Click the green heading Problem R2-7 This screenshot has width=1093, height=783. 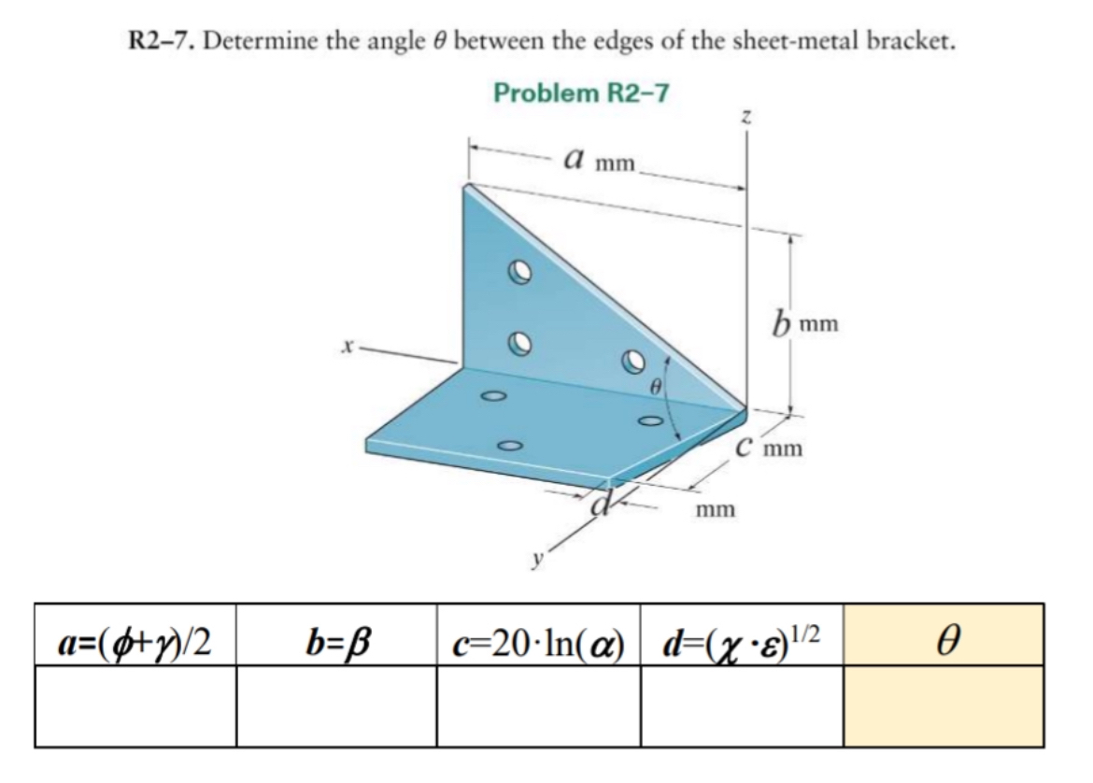pos(581,93)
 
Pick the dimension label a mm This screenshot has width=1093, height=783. pos(598,161)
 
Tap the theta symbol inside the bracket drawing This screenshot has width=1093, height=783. pos(655,385)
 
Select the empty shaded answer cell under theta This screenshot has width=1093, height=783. pos(944,706)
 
